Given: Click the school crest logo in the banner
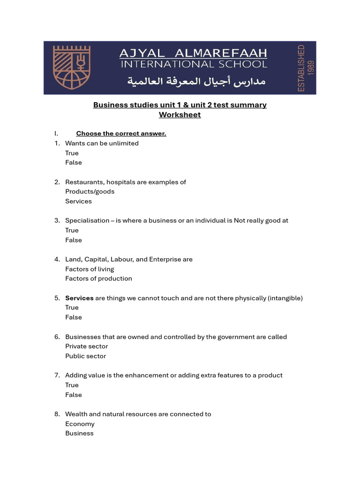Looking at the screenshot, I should point(72,67).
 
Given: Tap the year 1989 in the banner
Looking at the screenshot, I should point(311,68).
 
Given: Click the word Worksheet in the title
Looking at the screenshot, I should point(180,115).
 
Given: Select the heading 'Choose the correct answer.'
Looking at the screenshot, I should point(121,134).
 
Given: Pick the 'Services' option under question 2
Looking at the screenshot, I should point(78,202).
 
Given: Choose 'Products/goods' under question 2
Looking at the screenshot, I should point(90,192).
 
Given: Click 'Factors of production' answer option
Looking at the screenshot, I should point(98,279).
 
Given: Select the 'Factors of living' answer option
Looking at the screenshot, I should point(90,269).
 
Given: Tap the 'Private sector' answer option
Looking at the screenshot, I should point(86,346).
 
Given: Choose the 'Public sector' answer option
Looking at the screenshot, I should point(85,356).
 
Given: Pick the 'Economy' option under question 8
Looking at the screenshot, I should point(80,424).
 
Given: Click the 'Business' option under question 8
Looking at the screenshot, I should point(79,434).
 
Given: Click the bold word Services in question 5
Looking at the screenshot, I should point(79,298).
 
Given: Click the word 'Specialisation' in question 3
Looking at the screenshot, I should point(87,221).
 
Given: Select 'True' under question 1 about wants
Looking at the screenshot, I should point(72,153).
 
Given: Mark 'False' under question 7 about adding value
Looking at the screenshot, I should point(73,395).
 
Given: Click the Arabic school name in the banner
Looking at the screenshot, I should point(196,82).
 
